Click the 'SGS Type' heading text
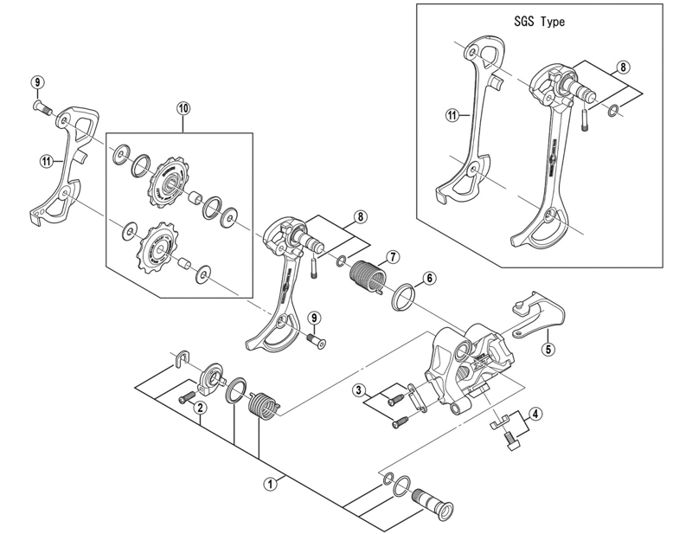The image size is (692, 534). (x=539, y=21)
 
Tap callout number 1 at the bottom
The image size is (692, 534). (x=270, y=484)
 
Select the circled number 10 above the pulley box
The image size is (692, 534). (x=183, y=108)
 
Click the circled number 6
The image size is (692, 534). (x=429, y=278)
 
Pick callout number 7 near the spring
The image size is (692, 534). (x=392, y=257)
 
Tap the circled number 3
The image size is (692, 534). (x=359, y=390)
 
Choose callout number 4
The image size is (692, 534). (x=535, y=415)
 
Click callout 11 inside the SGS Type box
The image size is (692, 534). (x=452, y=116)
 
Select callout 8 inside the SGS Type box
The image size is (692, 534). (x=623, y=68)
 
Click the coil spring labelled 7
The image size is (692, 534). (x=366, y=276)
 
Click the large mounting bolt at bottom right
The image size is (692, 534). (x=433, y=505)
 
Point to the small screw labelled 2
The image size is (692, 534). (x=186, y=397)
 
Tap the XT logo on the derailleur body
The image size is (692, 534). (x=480, y=364)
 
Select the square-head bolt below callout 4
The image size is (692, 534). (x=511, y=441)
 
